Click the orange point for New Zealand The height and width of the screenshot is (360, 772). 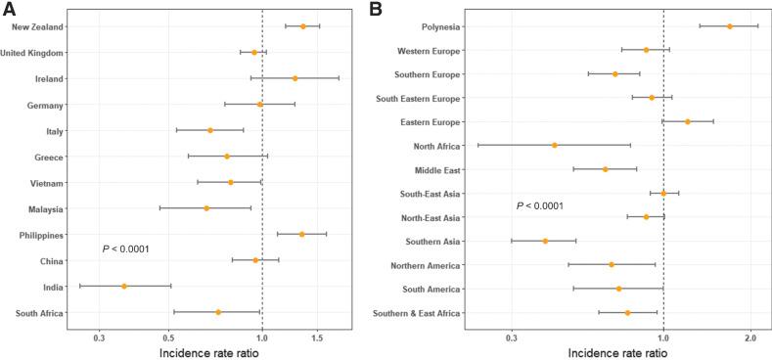point(303,26)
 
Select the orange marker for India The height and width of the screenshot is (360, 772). point(124,287)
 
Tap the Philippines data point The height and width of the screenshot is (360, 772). point(301,235)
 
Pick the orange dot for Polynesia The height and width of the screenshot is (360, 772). point(730,26)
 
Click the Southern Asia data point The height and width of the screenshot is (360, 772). point(545,241)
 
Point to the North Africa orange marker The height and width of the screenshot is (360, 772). point(555,146)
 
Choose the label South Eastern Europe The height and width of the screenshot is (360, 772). point(419,98)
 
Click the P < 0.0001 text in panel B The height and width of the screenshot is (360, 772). point(540,206)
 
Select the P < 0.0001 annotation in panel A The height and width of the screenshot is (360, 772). point(125,249)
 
